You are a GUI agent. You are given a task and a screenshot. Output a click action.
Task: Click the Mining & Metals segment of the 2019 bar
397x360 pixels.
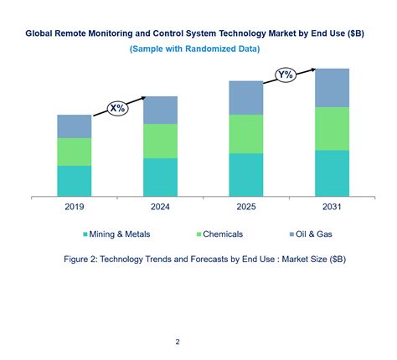pyautogui.click(x=75, y=181)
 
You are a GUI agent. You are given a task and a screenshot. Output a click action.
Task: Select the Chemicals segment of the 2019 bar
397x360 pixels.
pyautogui.click(x=75, y=152)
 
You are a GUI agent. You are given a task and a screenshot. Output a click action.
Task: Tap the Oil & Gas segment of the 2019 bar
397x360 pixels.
pyautogui.click(x=75, y=126)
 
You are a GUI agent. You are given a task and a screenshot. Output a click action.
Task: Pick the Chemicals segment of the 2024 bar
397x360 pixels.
pyautogui.click(x=160, y=141)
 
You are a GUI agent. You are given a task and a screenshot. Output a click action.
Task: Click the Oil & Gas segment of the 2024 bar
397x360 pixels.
pyautogui.click(x=160, y=110)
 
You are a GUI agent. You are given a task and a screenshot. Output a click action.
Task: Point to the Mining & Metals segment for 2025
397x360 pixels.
pyautogui.click(x=246, y=175)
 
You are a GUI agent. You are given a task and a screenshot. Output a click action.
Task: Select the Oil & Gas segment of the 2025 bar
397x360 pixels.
pyautogui.click(x=246, y=98)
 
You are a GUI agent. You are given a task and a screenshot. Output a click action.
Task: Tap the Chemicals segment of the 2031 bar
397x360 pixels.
pyautogui.click(x=332, y=128)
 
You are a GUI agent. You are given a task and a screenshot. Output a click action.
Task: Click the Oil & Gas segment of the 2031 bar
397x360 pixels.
pyautogui.click(x=332, y=87)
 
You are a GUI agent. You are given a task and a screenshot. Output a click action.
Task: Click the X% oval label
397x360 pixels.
pyautogui.click(x=116, y=108)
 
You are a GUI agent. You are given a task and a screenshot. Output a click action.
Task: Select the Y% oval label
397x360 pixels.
pyautogui.click(x=286, y=75)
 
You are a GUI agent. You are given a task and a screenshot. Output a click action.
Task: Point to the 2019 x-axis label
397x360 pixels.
pyautogui.click(x=75, y=208)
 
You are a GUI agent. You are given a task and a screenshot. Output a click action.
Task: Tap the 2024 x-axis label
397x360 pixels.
pyautogui.click(x=160, y=208)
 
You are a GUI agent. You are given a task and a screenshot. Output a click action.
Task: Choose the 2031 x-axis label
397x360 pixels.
pyautogui.click(x=332, y=208)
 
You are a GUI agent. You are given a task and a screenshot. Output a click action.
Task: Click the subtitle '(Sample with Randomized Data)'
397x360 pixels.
pyautogui.click(x=194, y=49)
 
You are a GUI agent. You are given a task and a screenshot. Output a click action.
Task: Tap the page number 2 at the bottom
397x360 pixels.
pyautogui.click(x=178, y=342)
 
